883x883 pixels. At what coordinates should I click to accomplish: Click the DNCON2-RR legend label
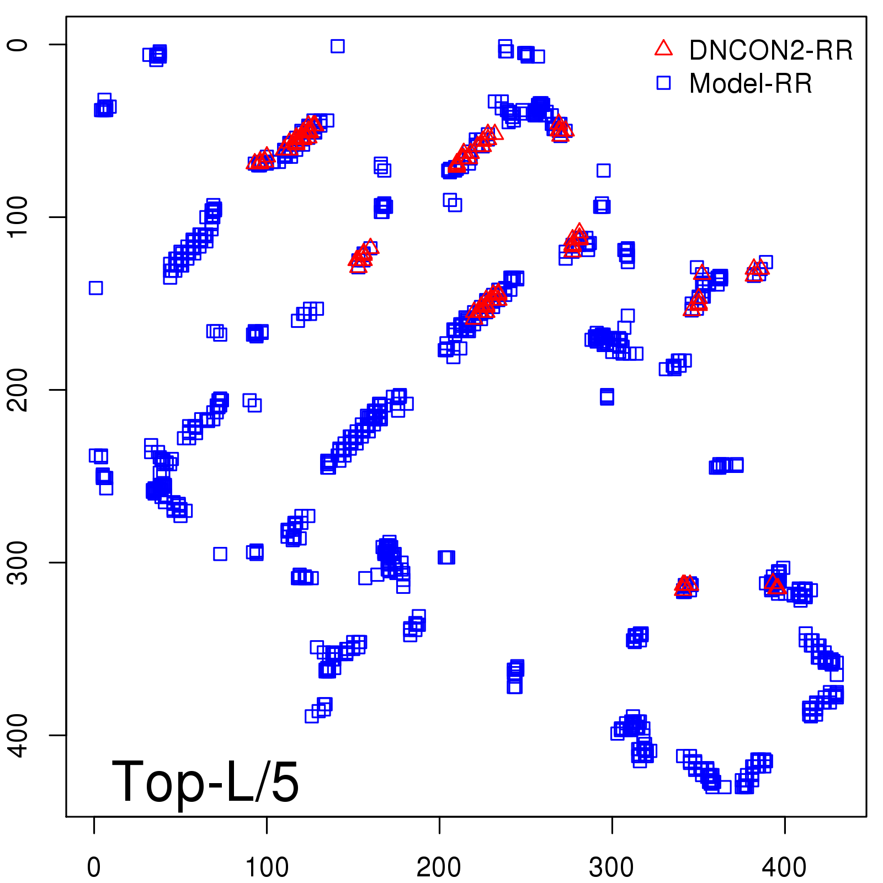click(x=770, y=51)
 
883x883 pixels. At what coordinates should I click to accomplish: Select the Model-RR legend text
click(x=750, y=84)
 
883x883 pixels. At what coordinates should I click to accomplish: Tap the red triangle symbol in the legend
click(x=663, y=48)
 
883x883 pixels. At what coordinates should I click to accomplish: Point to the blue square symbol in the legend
click(x=663, y=83)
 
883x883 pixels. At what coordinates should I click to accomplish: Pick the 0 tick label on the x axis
click(x=94, y=868)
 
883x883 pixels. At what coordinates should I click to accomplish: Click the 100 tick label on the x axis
click(x=267, y=868)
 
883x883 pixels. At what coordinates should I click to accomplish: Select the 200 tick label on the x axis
click(x=439, y=868)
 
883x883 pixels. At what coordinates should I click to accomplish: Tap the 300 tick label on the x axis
click(x=611, y=868)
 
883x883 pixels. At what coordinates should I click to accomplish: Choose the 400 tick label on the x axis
click(x=784, y=868)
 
